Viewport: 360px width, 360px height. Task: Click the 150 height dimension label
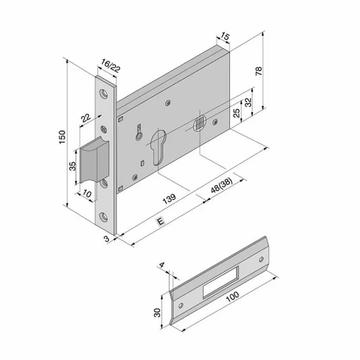[61, 136]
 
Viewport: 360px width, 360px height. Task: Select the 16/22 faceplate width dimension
[111, 66]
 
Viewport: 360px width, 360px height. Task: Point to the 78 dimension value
[259, 73]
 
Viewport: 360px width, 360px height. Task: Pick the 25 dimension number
[237, 113]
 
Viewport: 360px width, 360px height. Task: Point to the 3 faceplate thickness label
[105, 238]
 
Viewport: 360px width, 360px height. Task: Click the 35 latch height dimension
[73, 166]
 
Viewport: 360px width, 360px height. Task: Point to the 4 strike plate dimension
[162, 265]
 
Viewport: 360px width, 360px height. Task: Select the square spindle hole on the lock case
[199, 122]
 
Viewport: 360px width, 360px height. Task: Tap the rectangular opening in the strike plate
[220, 282]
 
